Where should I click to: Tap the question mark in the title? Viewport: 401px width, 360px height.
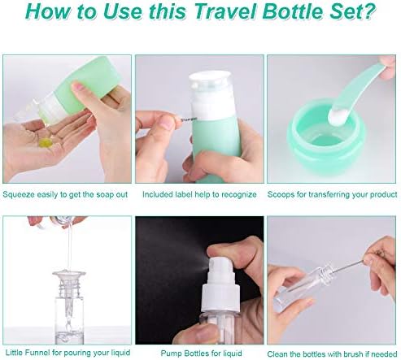click(368, 11)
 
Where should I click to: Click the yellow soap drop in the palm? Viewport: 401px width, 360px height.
click(46, 141)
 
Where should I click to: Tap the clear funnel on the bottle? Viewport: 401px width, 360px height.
click(69, 283)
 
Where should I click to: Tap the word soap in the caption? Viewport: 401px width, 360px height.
click(105, 195)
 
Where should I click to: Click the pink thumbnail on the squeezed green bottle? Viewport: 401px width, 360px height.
click(78, 87)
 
